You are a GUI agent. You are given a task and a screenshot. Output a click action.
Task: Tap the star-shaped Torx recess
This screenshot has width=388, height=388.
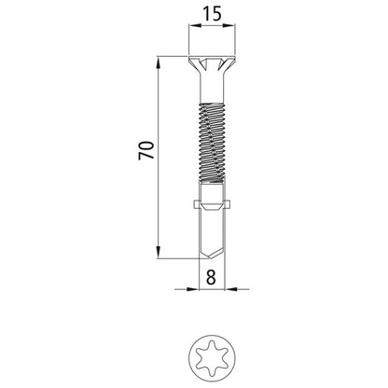tap(210, 356)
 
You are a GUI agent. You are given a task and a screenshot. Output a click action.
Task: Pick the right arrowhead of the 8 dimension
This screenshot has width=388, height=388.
tap(225, 287)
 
